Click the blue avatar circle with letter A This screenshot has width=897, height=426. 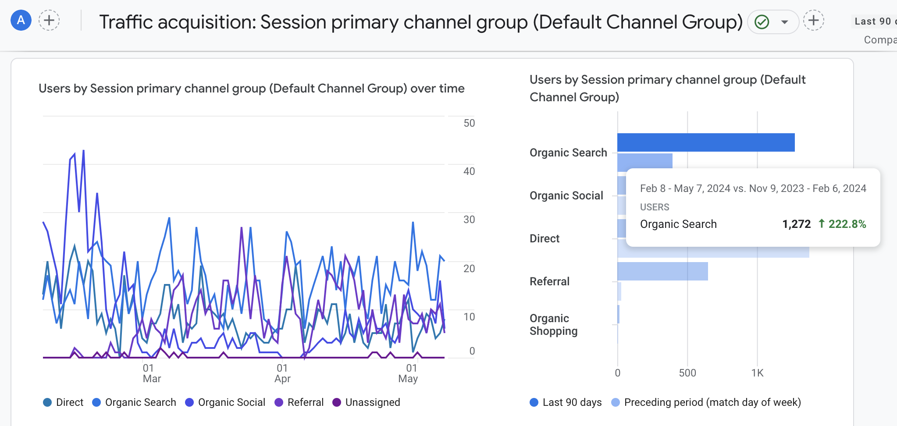(x=21, y=21)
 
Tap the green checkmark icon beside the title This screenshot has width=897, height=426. (x=762, y=22)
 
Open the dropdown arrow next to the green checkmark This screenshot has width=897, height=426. (x=785, y=22)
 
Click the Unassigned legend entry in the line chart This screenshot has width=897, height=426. (x=367, y=402)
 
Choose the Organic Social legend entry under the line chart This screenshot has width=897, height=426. (x=225, y=402)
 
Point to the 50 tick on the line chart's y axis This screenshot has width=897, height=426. (x=469, y=123)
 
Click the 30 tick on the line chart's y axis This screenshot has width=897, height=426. (x=469, y=220)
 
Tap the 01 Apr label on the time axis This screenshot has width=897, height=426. (x=282, y=373)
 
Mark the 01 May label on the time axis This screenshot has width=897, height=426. (x=409, y=373)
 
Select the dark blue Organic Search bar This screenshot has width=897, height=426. (x=706, y=142)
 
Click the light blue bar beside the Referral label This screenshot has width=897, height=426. (x=662, y=271)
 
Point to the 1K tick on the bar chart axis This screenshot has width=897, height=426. (x=757, y=373)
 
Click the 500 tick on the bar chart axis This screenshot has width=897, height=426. (x=687, y=373)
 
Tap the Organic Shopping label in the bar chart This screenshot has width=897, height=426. (x=553, y=324)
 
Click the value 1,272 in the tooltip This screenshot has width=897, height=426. (x=796, y=224)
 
